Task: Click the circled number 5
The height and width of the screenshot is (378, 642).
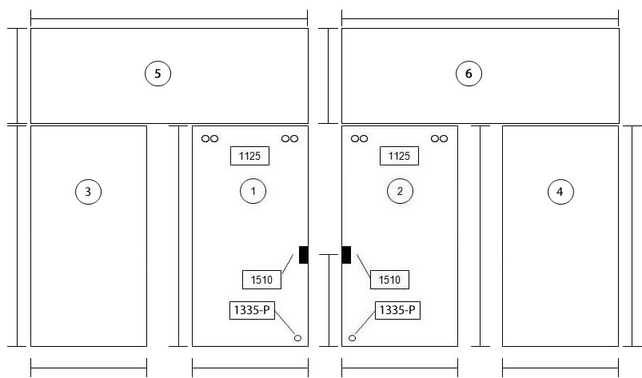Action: click(x=158, y=74)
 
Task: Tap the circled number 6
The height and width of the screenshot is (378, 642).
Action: click(x=469, y=74)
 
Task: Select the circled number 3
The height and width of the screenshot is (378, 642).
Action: click(x=89, y=192)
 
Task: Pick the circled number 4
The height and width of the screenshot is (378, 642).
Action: click(x=560, y=192)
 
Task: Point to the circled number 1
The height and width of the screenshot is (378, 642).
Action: click(x=253, y=191)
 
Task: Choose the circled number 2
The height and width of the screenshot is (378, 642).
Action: click(x=400, y=191)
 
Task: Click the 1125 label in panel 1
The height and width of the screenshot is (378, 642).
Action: click(x=249, y=156)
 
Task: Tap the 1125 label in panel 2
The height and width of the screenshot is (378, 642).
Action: click(x=399, y=156)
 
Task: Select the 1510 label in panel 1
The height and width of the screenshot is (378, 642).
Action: click(x=261, y=280)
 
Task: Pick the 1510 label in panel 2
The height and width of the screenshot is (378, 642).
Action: click(x=389, y=280)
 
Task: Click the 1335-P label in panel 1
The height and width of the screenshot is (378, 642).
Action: click(x=252, y=310)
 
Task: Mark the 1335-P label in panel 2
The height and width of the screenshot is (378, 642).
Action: click(x=397, y=310)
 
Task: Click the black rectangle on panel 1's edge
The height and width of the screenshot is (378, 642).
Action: click(x=303, y=255)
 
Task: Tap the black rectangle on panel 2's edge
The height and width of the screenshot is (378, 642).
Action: click(x=346, y=255)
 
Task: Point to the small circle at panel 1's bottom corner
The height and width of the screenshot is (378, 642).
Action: click(x=297, y=338)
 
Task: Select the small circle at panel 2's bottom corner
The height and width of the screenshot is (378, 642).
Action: click(x=352, y=338)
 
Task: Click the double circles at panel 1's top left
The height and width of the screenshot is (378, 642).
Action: click(x=210, y=139)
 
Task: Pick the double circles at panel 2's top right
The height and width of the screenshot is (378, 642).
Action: click(x=440, y=139)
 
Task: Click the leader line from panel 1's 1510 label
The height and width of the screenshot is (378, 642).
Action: click(x=288, y=264)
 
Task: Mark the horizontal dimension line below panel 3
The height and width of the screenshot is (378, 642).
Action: click(x=89, y=368)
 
